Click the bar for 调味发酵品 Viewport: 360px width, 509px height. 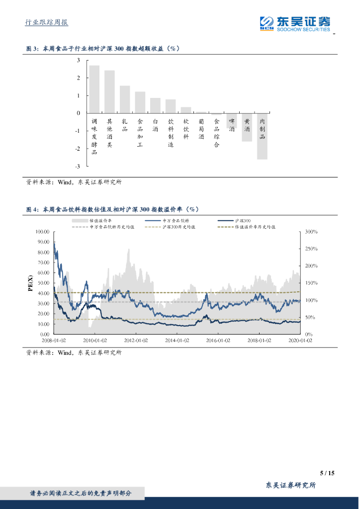[94, 89]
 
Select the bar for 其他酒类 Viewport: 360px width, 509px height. [109, 92]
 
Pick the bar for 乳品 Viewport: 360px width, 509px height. [125, 99]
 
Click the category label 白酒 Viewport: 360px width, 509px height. [155, 125]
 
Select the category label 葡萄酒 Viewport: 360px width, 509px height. [201, 128]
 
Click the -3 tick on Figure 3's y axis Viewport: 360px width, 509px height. [78, 167]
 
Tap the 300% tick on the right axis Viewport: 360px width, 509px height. [311, 232]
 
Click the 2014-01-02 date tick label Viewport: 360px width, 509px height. [177, 340]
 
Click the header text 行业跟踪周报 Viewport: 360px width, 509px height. [47, 22]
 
